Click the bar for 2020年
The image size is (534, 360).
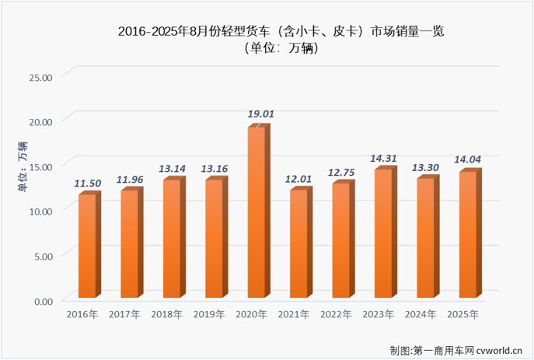coord(258,211)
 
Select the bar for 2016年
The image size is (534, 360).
coord(89,245)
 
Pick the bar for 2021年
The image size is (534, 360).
coord(300,243)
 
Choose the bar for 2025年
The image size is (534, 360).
coord(468,235)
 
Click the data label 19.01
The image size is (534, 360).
coord(261,114)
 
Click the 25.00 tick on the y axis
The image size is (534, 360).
coord(40,77)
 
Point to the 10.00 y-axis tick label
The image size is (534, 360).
coord(40,211)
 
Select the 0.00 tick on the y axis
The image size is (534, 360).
coord(42,300)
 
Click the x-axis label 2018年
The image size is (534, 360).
coord(166,314)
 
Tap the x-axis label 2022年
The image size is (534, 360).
coord(336,314)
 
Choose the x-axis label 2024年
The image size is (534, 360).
coord(421,314)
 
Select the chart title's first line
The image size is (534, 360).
coord(267,31)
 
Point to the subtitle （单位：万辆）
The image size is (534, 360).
coord(267,49)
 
